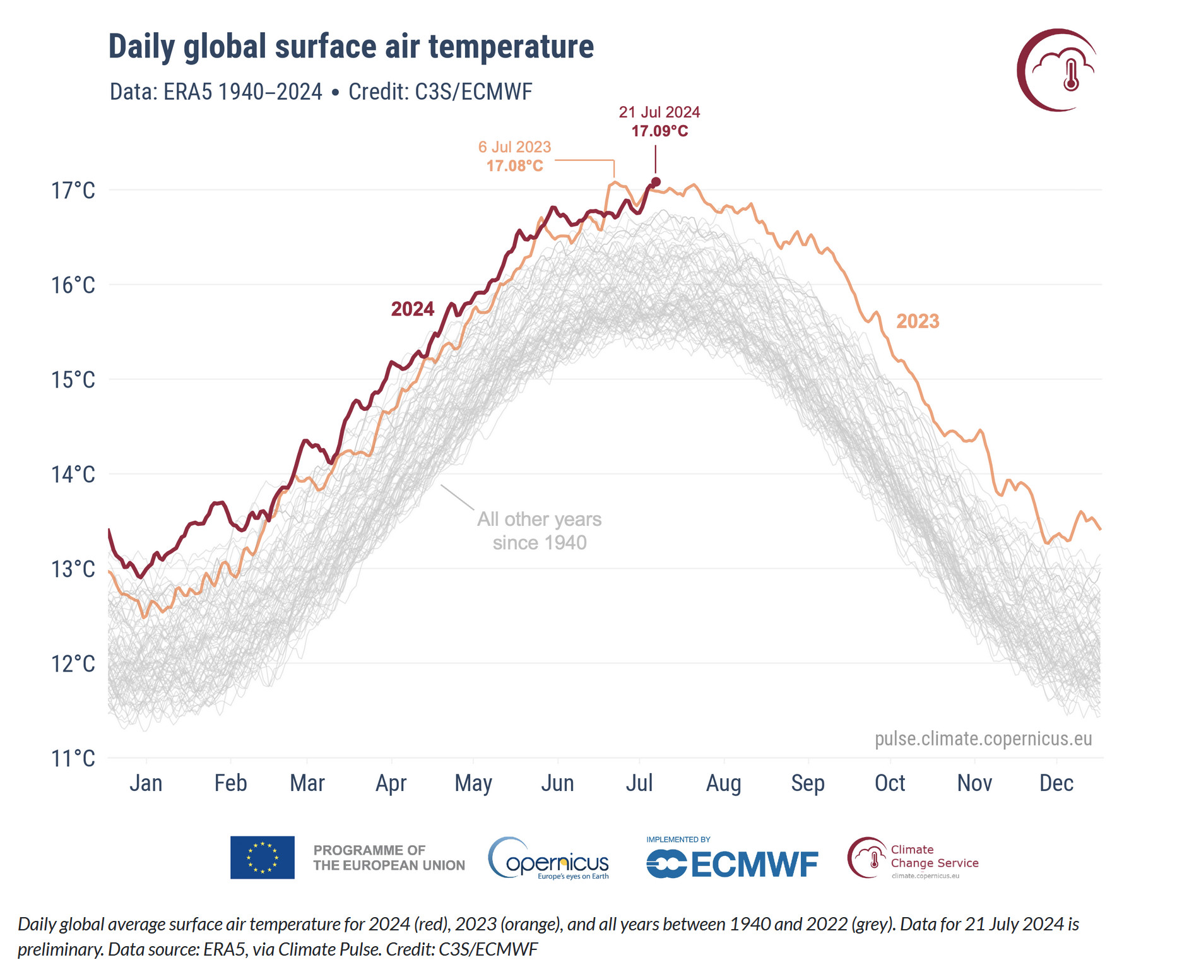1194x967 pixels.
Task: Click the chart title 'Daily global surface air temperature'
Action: click(351, 47)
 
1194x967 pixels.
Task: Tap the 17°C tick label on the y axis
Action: click(73, 190)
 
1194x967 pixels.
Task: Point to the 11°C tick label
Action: click(73, 758)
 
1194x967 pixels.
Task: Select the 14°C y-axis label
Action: click(73, 474)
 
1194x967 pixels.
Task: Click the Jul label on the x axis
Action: click(639, 783)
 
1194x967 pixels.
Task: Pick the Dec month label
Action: click(1056, 783)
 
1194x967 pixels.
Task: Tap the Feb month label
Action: click(230, 783)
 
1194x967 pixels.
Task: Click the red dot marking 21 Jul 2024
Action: click(656, 182)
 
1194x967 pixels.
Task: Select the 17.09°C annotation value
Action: click(659, 131)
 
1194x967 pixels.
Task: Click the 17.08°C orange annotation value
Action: click(514, 166)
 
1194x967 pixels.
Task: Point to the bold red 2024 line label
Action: click(413, 309)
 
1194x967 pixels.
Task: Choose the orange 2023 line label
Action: click(918, 321)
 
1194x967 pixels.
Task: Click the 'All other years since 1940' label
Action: click(540, 531)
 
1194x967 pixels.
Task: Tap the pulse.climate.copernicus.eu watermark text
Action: click(983, 739)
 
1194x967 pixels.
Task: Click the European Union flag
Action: click(263, 857)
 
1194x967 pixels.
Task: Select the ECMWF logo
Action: click(732, 863)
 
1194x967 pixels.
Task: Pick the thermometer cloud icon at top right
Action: click(1058, 70)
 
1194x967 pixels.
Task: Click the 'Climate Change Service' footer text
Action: click(934, 856)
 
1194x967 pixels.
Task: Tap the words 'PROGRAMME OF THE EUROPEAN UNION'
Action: click(389, 858)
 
